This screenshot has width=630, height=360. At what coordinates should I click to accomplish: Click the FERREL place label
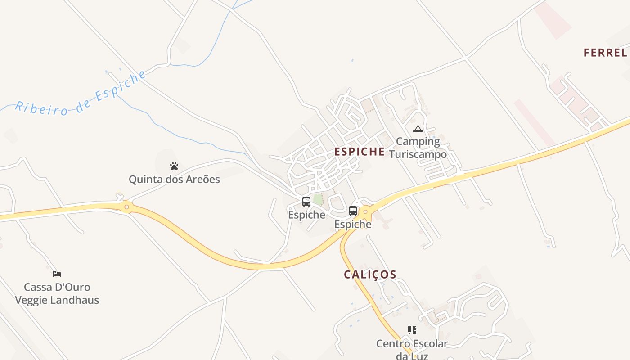tap(605, 53)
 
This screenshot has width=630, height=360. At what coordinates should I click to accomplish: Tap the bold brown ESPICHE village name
tap(360, 152)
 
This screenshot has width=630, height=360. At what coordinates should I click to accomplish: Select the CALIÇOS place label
tap(370, 274)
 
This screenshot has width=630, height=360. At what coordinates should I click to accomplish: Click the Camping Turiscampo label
tap(418, 148)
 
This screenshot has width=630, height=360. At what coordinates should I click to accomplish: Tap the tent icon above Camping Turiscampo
tap(418, 129)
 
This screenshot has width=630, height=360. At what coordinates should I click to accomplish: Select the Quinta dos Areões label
tap(174, 180)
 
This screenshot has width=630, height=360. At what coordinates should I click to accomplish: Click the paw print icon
tap(174, 166)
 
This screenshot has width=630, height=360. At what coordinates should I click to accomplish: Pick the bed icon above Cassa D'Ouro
tap(57, 274)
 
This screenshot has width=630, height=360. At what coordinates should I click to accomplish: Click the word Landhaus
tap(79, 300)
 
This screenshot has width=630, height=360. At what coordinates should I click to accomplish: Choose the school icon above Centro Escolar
tap(412, 331)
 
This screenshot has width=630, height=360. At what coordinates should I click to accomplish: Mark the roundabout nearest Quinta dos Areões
tap(127, 207)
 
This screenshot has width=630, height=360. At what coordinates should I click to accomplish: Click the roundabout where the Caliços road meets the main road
tap(365, 211)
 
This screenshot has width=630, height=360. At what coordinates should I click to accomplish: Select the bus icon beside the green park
tap(306, 201)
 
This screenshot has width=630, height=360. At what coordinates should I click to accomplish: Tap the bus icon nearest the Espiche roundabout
tap(353, 211)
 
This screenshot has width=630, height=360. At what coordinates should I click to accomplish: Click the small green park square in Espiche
tap(318, 199)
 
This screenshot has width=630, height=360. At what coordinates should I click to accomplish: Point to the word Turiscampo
tap(418, 154)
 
